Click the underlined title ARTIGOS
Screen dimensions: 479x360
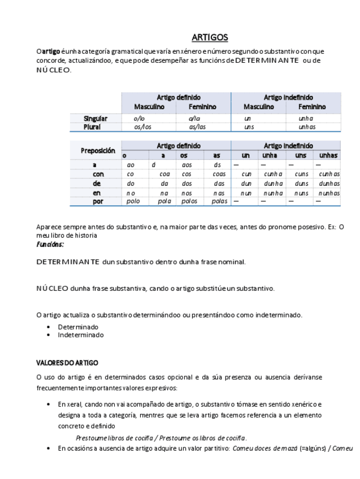click(210, 38)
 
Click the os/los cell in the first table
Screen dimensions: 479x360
click(142, 127)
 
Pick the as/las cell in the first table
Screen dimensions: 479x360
click(198, 127)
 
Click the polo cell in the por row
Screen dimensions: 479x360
click(133, 201)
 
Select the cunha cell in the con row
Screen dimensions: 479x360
click(273, 174)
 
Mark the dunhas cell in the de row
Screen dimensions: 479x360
click(328, 183)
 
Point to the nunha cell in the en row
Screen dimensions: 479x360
click(273, 193)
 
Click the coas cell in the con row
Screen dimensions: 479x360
click(219, 174)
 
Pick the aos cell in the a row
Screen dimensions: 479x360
click(188, 164)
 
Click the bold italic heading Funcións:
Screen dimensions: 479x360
click(50, 245)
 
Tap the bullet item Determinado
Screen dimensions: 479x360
click(78, 327)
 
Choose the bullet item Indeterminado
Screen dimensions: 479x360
click(81, 334)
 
